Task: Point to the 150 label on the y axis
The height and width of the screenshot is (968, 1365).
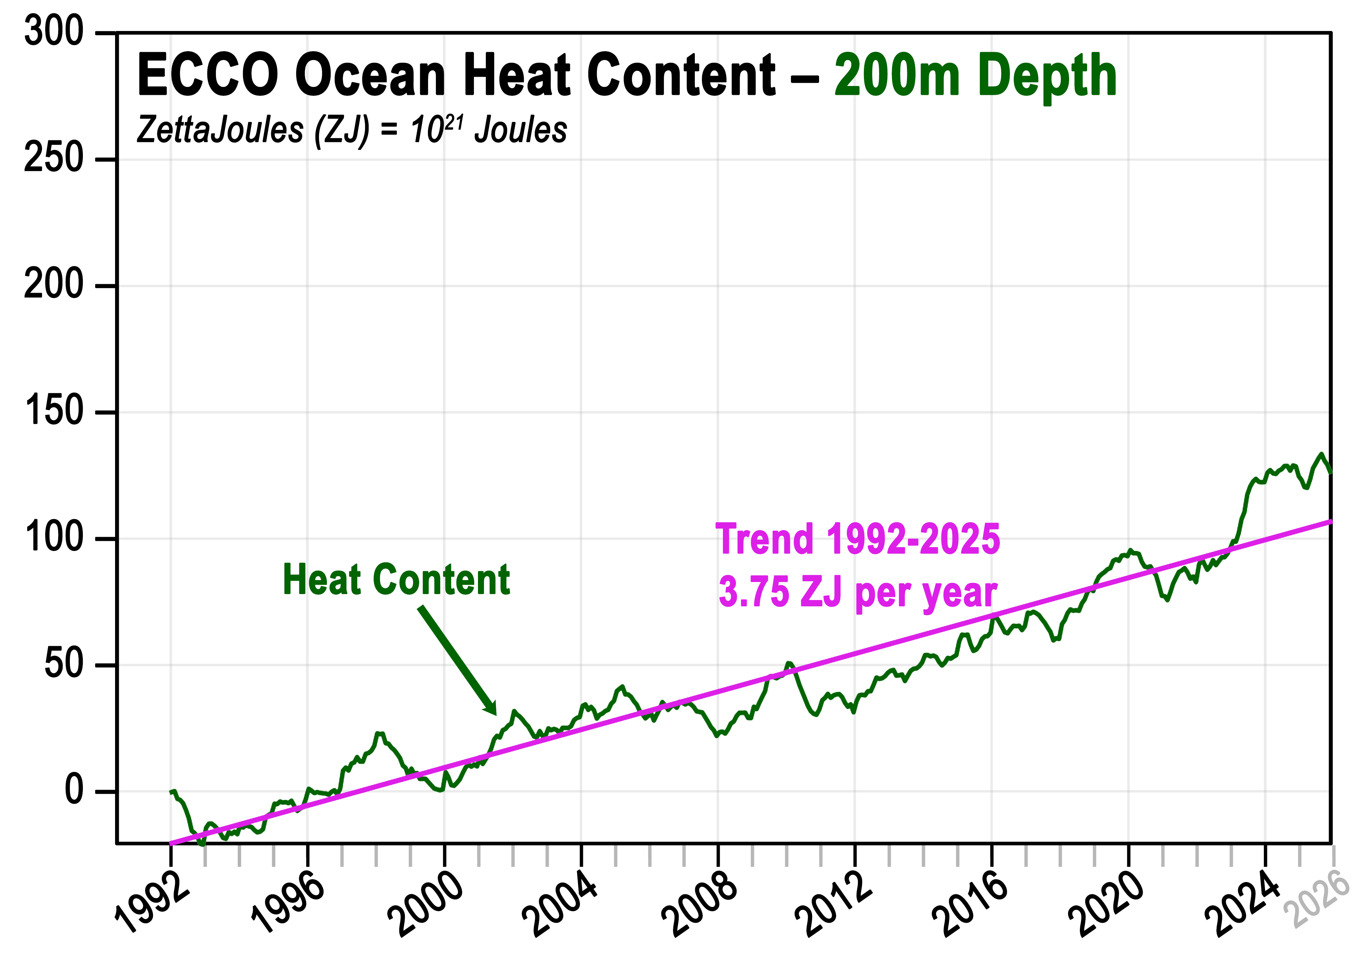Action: (54, 411)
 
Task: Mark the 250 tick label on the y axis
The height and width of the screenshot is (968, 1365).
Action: (54, 159)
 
